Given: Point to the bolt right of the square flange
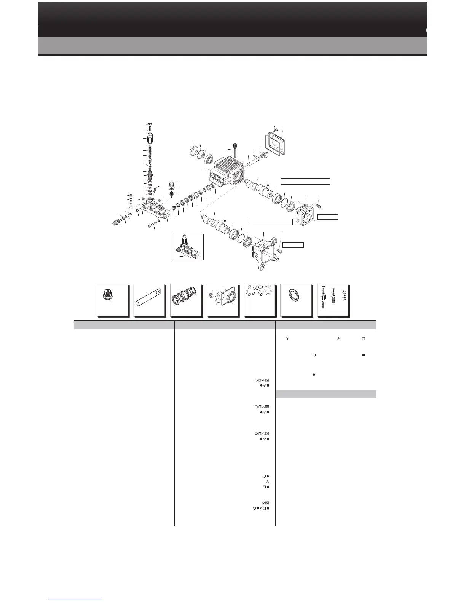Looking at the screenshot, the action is point(319,206).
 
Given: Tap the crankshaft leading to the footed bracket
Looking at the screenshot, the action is point(215,224).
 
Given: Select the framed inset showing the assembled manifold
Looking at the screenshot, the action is point(187,246).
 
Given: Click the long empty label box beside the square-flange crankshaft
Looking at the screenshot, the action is point(305,181).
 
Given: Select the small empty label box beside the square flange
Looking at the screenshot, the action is point(327,217).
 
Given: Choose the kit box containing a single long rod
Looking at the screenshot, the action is point(150,300).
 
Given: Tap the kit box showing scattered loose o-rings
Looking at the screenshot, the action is point(259,300).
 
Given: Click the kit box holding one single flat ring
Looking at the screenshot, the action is point(296,300).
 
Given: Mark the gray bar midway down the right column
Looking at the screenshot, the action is point(326,394).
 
